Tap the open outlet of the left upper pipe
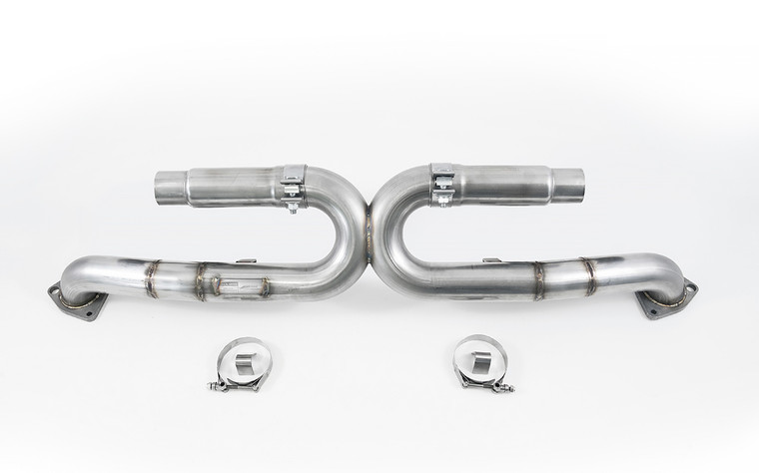click(x=165, y=188)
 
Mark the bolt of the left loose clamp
click(x=234, y=385)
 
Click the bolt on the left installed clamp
click(x=293, y=206)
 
